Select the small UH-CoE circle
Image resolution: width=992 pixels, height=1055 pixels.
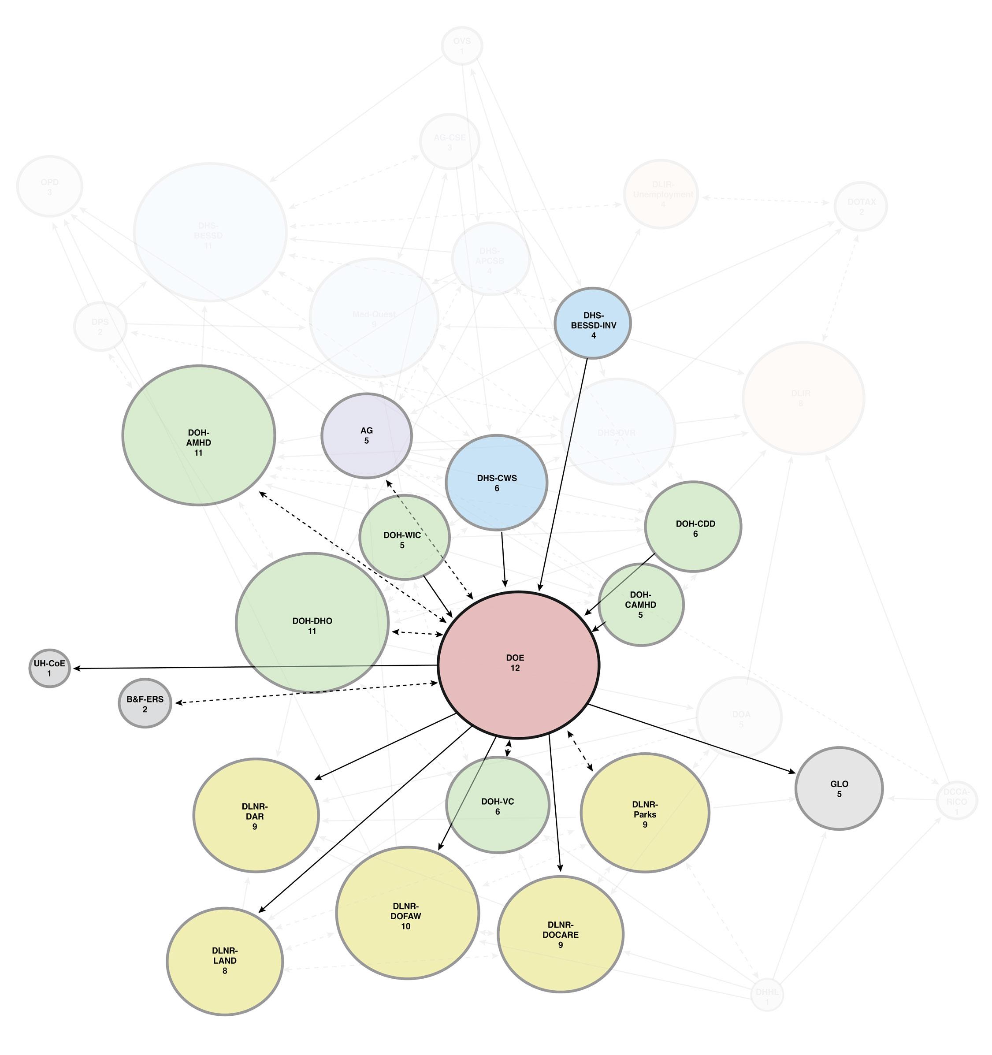[x=49, y=668]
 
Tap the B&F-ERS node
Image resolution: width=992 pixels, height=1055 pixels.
[x=145, y=704]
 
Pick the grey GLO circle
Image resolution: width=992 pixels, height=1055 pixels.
[x=839, y=788]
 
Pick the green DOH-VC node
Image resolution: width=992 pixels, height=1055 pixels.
[x=498, y=805]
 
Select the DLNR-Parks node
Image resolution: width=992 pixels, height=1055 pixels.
[x=645, y=813]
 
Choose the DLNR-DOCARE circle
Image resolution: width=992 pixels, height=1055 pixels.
[x=561, y=934]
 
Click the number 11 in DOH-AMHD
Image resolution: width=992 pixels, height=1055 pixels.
[x=198, y=453]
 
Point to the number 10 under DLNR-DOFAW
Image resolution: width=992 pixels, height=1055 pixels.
[x=405, y=926]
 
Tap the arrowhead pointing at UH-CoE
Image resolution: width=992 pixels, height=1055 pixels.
[x=76, y=668]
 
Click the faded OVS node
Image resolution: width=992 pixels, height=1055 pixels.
[x=462, y=46]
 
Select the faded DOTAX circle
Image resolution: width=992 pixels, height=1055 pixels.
[x=860, y=206]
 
